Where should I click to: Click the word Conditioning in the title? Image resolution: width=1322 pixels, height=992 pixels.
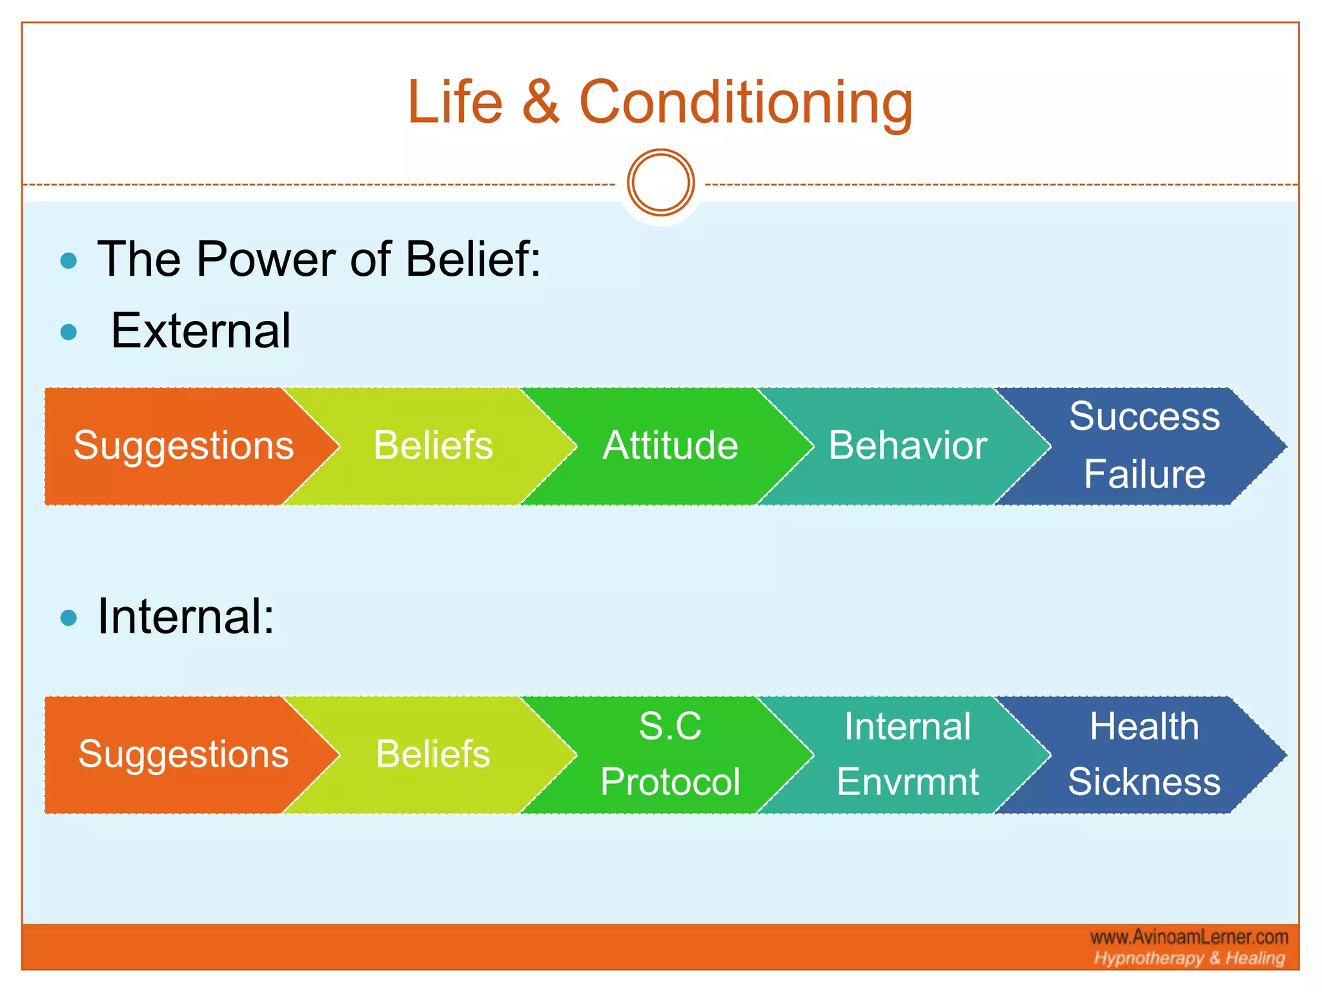tap(746, 103)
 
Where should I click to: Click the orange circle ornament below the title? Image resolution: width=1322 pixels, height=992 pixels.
tap(660, 183)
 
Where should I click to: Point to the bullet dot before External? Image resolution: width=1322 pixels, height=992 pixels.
tap(68, 333)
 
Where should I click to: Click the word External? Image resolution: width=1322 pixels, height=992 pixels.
tap(201, 331)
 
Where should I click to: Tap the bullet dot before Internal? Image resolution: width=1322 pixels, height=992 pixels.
tap(68, 618)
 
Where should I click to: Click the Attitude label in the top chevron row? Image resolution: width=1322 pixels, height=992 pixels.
tap(670, 446)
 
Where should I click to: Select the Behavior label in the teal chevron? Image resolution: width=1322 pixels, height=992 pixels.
tap(908, 446)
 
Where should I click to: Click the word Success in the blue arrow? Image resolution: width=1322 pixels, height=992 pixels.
tap(1144, 417)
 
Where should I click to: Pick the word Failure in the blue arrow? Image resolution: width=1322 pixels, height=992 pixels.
tap(1144, 475)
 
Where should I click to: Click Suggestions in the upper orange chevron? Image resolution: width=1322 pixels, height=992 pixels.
tap(183, 446)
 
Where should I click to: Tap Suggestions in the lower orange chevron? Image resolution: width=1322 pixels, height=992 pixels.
tap(183, 754)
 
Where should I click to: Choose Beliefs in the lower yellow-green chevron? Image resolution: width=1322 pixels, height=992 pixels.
tap(433, 754)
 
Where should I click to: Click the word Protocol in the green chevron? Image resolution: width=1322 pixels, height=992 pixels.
tap(670, 782)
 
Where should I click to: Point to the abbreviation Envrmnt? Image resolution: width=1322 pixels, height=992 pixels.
tap(908, 782)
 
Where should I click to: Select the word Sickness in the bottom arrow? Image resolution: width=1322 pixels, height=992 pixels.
tap(1144, 782)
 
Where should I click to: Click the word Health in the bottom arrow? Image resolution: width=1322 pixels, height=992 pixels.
tap(1144, 727)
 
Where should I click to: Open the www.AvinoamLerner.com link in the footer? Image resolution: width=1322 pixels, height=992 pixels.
tap(1189, 937)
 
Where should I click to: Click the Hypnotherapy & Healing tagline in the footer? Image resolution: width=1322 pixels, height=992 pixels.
tap(1189, 958)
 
